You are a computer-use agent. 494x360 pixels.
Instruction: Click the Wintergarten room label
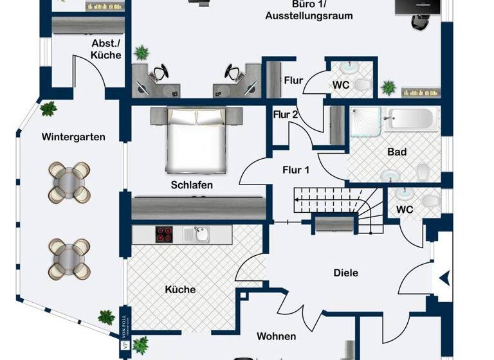pos(73,137)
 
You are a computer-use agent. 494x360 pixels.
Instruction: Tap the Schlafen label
pos(192,185)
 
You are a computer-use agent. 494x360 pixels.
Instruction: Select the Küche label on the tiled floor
pos(179,290)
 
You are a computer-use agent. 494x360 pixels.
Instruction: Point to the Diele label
pos(346,273)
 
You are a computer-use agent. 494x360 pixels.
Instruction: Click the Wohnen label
pos(277,336)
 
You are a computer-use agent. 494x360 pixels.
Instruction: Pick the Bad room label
pos(397,152)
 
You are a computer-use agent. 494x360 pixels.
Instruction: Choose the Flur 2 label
pos(286,115)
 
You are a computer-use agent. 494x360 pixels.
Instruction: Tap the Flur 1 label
pos(296,170)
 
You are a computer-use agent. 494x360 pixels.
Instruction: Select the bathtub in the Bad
pos(412,120)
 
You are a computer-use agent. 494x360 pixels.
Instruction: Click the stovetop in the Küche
pos(165,234)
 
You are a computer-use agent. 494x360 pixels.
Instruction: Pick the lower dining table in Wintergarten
pos(70,258)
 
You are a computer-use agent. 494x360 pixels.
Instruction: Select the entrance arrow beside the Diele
pos(445,279)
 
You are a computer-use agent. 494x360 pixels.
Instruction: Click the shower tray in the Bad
pos(366,123)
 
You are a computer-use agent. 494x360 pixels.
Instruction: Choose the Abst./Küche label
pos(106,50)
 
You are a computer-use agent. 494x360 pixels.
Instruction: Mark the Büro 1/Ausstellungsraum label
pos(309,10)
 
